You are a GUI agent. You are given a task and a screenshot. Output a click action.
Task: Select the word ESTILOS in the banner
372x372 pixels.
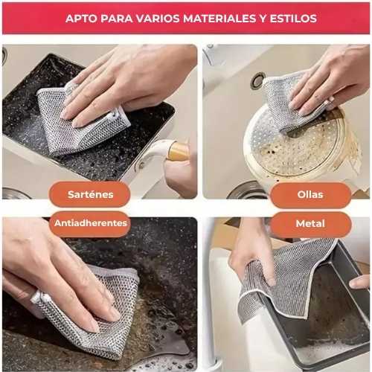(293, 19)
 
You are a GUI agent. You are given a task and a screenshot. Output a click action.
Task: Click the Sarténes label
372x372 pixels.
(90, 194)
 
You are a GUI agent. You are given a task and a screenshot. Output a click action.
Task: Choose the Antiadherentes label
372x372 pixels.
(90, 223)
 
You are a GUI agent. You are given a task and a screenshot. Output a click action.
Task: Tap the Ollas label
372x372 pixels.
(310, 195)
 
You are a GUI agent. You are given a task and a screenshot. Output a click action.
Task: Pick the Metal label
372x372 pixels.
(310, 224)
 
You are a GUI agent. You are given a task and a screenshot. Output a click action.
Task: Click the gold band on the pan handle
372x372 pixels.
(178, 151)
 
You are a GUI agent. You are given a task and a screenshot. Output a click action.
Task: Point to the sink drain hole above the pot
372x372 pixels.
(257, 81)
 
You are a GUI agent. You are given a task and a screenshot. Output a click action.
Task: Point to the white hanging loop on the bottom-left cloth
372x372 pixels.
(39, 298)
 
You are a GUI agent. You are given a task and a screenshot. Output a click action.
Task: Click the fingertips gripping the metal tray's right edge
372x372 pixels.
(359, 282)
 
